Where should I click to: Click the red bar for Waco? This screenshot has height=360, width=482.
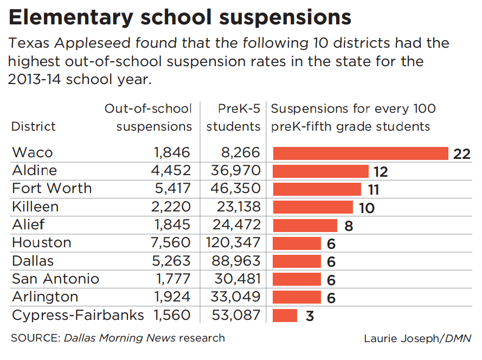(361, 153)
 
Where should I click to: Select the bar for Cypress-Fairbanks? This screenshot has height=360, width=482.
(285, 316)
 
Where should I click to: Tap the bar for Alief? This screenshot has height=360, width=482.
(305, 225)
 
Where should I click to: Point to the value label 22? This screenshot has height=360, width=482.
(461, 154)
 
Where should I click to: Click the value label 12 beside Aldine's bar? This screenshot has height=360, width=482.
(381, 172)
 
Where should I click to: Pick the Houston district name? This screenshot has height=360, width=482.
(42, 242)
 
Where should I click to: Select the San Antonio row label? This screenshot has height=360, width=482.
(56, 279)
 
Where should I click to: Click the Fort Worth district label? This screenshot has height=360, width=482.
(52, 189)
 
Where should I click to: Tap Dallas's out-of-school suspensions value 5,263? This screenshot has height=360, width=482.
(171, 261)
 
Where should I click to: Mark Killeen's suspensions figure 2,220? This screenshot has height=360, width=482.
(171, 207)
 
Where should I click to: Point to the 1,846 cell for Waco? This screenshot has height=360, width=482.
(171, 152)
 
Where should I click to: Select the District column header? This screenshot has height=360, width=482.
(34, 127)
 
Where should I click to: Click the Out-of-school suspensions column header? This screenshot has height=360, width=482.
(148, 118)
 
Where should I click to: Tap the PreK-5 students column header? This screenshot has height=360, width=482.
(235, 118)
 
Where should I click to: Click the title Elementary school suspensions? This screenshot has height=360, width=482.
(180, 18)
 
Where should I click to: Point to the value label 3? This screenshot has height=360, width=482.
(310, 316)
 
